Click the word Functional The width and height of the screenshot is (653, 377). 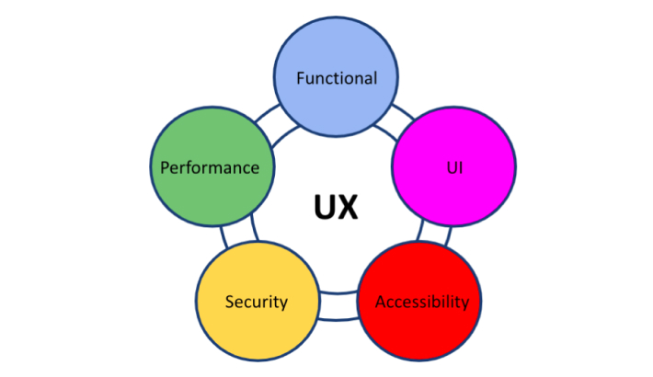point(337,78)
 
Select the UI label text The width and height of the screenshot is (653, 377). point(453,169)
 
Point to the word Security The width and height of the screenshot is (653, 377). point(257,302)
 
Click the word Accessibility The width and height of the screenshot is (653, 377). point(422,302)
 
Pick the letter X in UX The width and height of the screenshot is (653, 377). point(347,206)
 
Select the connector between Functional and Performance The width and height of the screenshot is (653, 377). point(263,120)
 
